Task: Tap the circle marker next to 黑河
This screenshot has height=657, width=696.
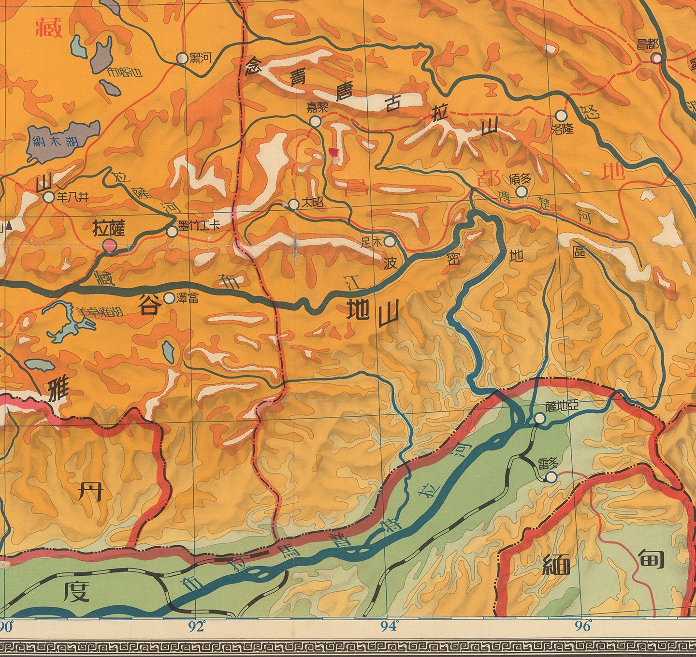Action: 182,58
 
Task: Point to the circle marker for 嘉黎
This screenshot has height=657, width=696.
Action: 315,121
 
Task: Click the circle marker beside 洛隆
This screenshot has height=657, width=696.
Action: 561,116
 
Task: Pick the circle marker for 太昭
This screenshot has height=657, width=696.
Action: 294,204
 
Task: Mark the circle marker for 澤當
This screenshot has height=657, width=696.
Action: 169,298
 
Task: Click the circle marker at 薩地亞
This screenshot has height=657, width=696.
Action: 540,419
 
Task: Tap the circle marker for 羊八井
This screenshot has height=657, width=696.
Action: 49,197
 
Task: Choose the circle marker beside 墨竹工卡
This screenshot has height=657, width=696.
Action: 172,232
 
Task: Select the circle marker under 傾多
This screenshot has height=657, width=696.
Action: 521,191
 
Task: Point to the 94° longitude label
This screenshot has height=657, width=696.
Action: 390,627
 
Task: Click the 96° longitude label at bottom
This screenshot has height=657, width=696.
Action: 583,627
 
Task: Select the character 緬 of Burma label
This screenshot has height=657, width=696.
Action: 556,564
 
